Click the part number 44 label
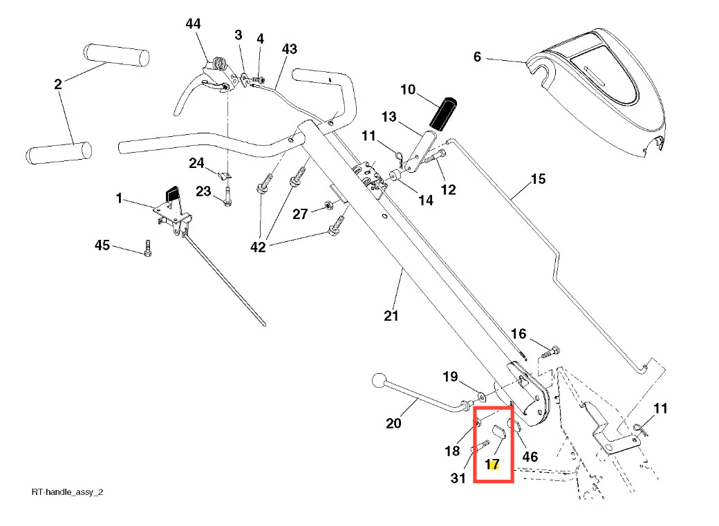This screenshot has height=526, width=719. point(193,24)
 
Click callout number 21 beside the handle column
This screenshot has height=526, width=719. point(391,316)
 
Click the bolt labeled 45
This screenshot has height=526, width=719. point(147,248)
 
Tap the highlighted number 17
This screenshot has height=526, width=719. point(493,464)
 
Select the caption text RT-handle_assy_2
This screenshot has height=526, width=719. point(68,492)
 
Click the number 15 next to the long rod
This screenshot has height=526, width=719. point(538,180)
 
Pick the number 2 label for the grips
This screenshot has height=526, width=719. point(58,84)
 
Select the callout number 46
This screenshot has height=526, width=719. point(530,457)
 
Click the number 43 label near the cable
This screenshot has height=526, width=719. point(289,49)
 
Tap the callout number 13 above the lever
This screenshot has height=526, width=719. point(389,117)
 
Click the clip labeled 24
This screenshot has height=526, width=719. point(223,173)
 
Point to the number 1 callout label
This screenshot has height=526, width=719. point(119,198)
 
